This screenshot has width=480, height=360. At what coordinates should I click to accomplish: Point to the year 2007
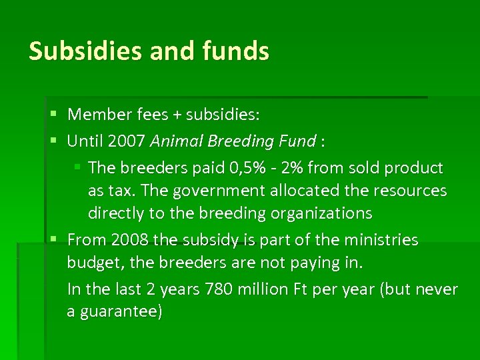124,141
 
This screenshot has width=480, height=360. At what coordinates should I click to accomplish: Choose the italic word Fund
297,141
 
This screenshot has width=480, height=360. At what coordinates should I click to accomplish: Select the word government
211,191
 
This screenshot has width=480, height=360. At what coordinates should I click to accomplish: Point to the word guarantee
120,312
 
